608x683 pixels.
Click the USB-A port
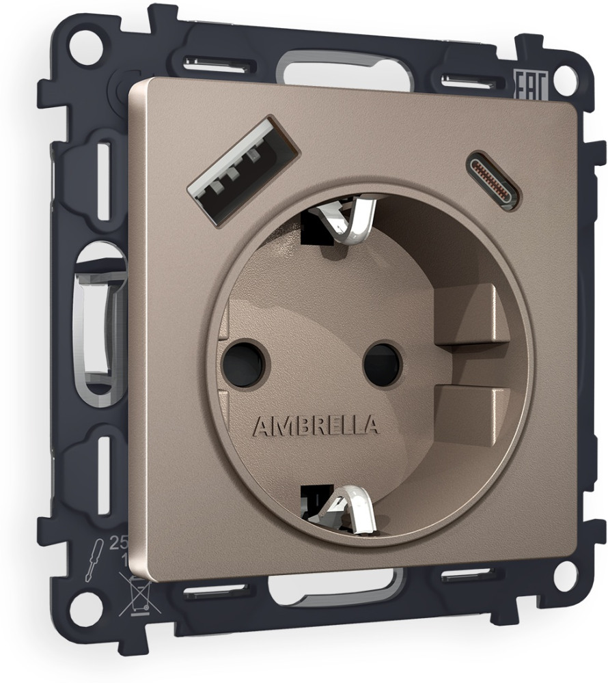pos(243,166)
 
